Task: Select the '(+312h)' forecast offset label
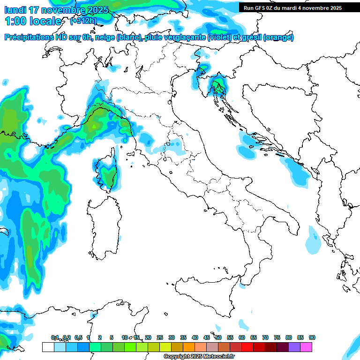coord(84,21)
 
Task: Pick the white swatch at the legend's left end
coord(48,347)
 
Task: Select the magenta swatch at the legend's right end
coord(306,347)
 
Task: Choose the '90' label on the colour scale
coord(312,337)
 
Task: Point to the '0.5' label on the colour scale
coord(78,337)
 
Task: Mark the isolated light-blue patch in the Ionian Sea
coord(312,240)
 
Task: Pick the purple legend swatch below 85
coord(294,347)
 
